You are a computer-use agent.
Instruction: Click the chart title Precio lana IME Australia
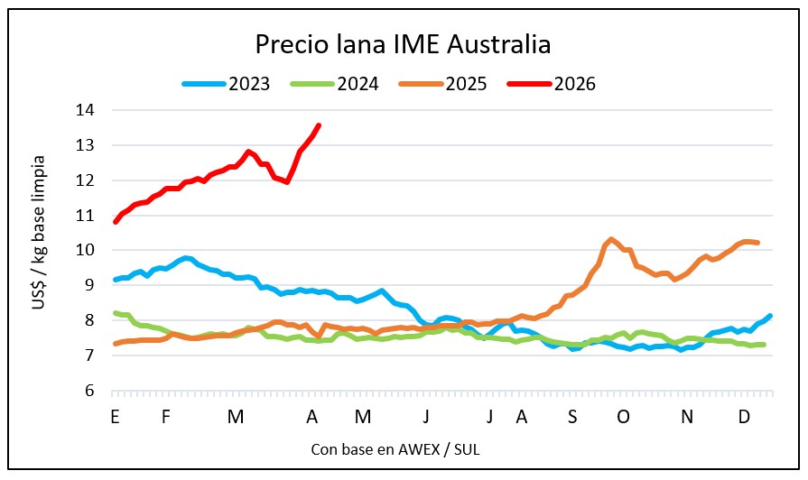click(403, 44)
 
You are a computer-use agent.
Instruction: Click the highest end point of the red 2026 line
click(319, 125)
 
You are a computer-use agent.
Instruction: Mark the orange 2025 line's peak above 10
click(611, 239)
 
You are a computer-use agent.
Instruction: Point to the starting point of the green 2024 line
click(116, 313)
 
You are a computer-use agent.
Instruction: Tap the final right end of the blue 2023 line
click(769, 316)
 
